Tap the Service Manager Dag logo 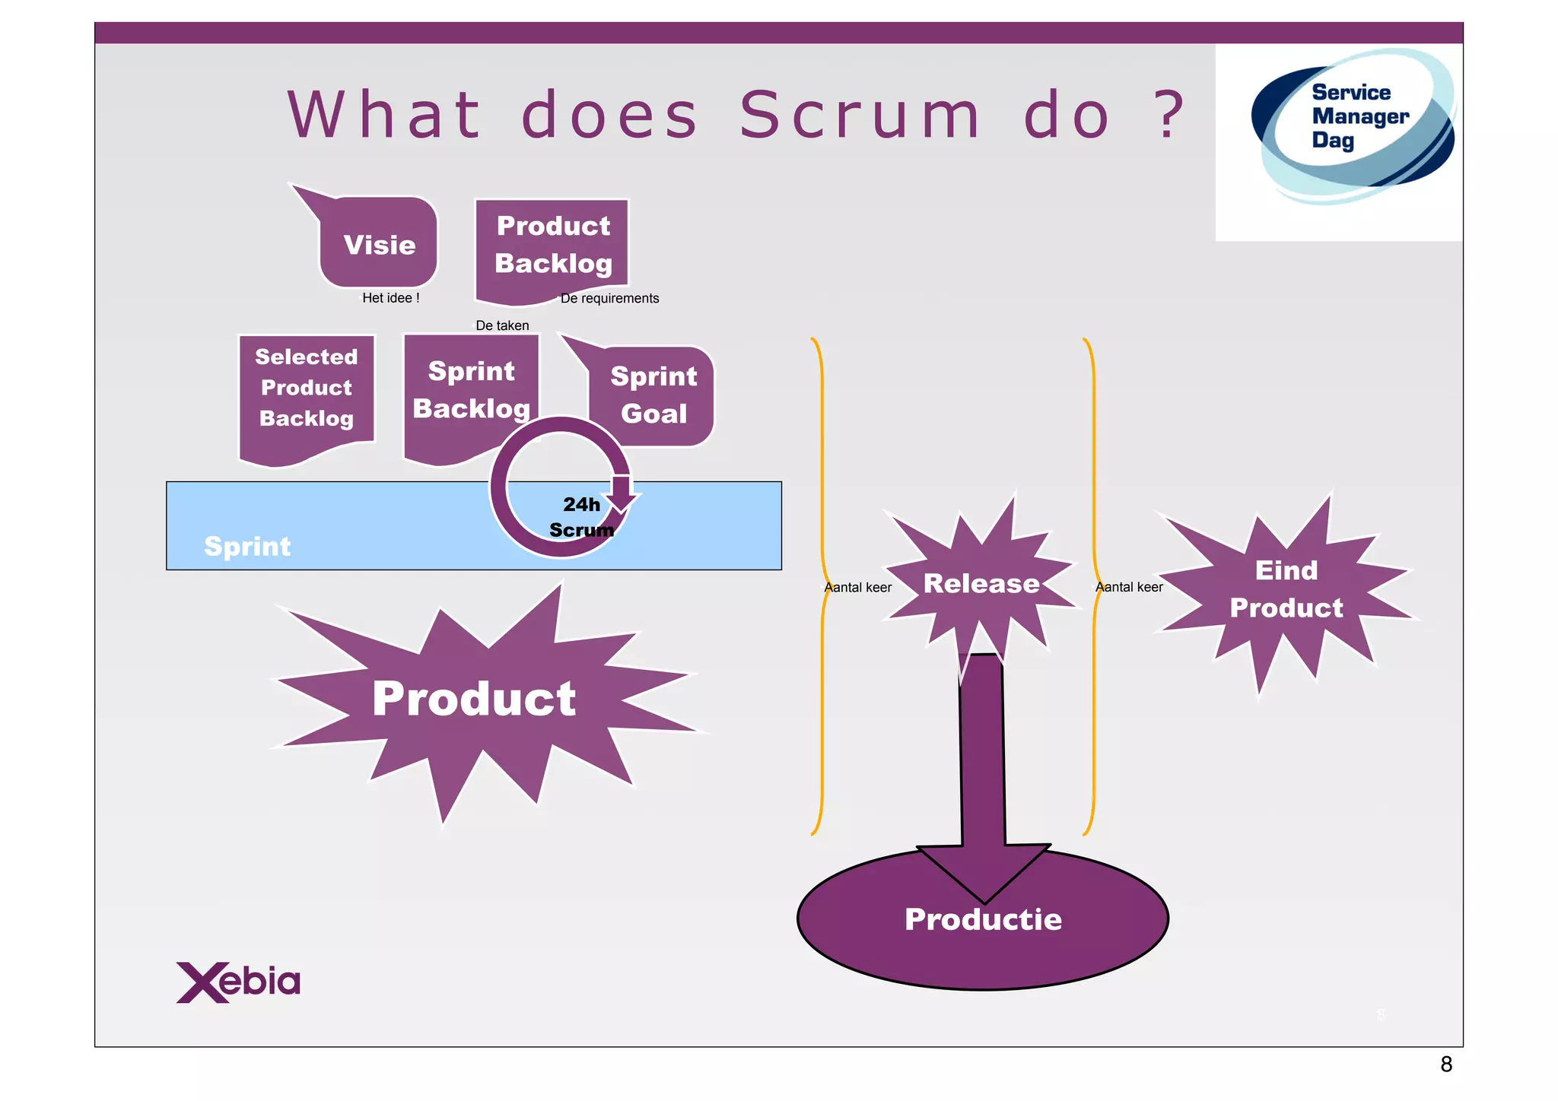click(1353, 122)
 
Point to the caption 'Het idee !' click(390, 298)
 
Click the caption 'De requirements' click(609, 298)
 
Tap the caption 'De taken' click(502, 325)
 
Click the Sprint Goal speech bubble click(653, 395)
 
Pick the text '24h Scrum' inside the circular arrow click(581, 517)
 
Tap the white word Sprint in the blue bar click(247, 546)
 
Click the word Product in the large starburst click(474, 698)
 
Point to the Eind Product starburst click(1286, 589)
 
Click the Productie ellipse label click(983, 919)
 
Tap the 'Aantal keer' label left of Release click(857, 587)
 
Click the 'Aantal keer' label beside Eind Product click(1129, 587)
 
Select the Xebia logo click(238, 982)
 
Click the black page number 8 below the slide click(1446, 1065)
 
